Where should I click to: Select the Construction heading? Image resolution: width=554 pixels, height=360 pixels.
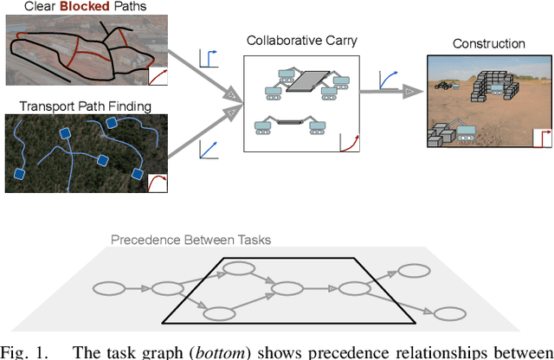[489, 44]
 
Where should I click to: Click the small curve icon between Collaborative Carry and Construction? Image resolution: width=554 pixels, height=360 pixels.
[390, 80]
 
